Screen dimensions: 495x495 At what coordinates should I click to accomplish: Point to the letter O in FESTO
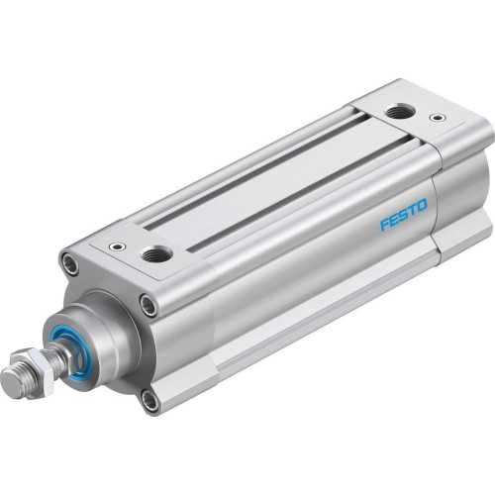[423, 207]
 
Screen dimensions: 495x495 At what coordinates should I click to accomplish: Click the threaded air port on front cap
[155, 255]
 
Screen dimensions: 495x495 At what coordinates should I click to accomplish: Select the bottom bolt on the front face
[149, 400]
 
